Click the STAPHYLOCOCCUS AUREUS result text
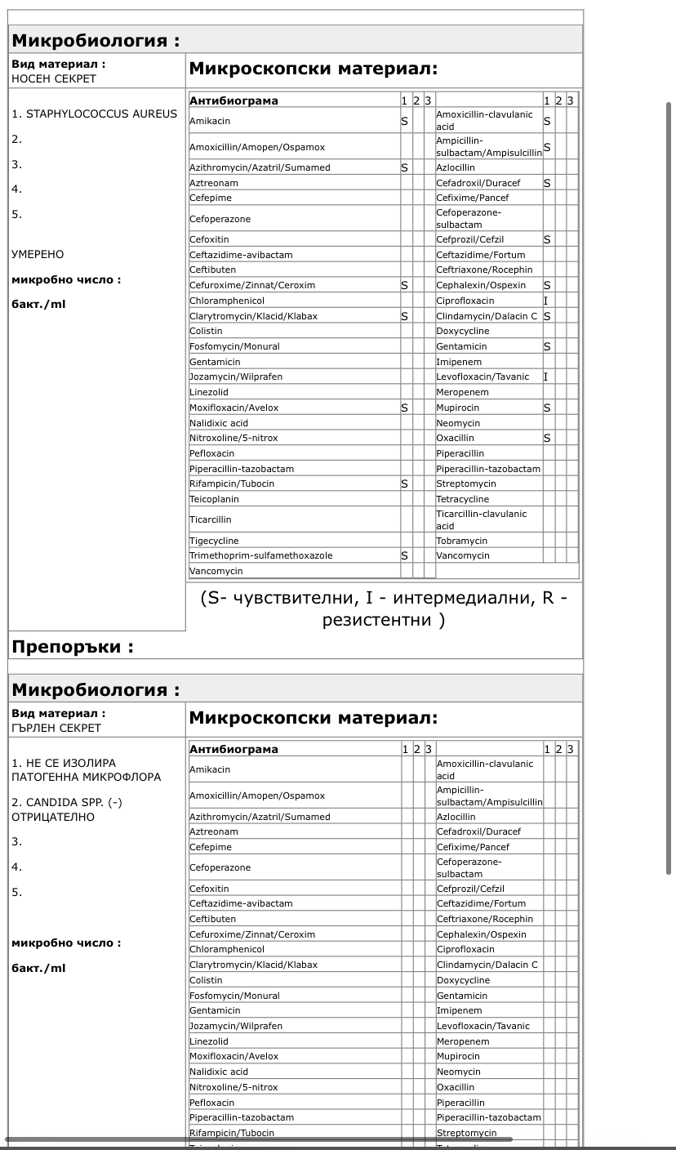click(x=101, y=114)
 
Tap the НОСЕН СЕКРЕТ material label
click(x=54, y=79)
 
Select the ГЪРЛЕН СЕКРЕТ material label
click(x=56, y=728)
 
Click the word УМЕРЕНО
click(x=38, y=254)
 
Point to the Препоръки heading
click(x=72, y=648)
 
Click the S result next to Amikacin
click(x=404, y=121)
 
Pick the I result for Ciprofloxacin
click(x=546, y=301)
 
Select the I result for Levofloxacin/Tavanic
click(x=546, y=377)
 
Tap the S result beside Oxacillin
click(x=547, y=438)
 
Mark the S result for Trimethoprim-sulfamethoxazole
click(x=404, y=555)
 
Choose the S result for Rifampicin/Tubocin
click(x=404, y=484)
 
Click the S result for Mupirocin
click(x=547, y=408)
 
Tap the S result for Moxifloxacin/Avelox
click(x=404, y=408)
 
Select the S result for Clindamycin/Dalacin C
click(x=547, y=316)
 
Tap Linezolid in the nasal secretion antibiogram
click(x=209, y=392)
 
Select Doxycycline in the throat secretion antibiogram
click(x=463, y=980)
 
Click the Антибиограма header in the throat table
click(x=233, y=749)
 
